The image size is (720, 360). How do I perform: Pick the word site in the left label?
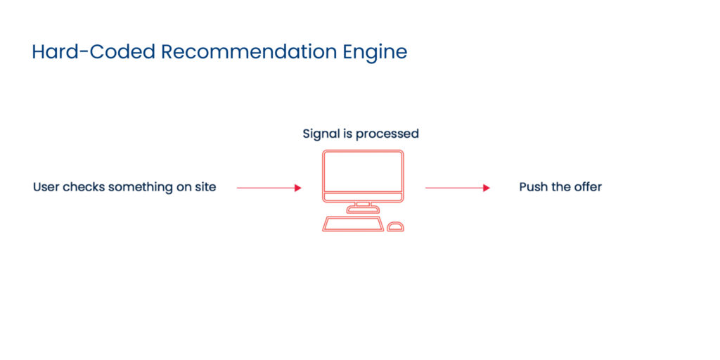point(205,187)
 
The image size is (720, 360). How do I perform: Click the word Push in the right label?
point(533,187)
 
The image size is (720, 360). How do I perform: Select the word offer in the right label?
point(587,187)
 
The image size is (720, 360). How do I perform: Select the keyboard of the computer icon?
point(353,224)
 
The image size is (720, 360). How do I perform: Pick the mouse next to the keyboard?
point(396,226)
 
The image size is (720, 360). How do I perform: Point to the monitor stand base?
point(363,210)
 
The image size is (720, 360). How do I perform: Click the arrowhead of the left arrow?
point(298,188)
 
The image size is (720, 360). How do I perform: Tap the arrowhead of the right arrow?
point(487,188)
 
